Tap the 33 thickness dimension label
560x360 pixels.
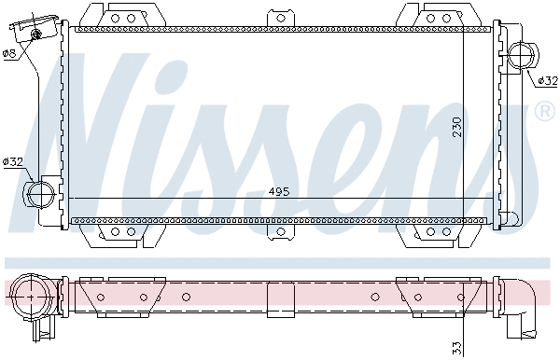coord(456,347)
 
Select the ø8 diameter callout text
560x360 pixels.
coord(10,53)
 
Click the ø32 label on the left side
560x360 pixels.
coord(13,162)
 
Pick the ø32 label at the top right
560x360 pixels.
coord(547,81)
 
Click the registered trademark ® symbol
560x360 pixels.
coord(545,112)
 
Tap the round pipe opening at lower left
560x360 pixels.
coord(40,194)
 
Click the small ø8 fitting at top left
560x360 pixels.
coord(37,35)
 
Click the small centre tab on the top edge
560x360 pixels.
coord(280,18)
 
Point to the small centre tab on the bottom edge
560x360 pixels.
coord(280,231)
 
